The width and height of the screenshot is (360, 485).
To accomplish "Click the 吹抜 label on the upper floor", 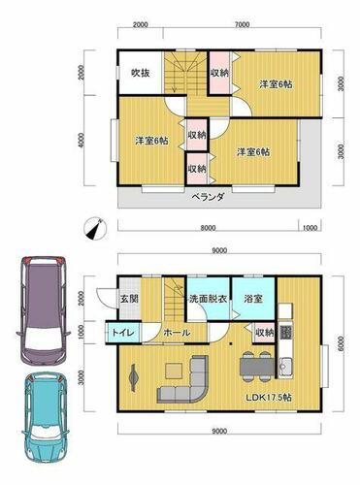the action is (x=141, y=73).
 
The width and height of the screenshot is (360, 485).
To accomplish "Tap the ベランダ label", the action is (x=209, y=197).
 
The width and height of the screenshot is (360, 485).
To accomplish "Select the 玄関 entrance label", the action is (x=130, y=298).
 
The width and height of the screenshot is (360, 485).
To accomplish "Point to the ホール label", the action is (x=177, y=333).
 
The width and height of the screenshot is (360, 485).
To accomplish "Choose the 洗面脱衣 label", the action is (x=209, y=299).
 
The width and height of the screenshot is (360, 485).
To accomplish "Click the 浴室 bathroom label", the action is (x=253, y=299).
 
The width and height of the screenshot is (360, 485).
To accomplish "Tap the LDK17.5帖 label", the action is (x=269, y=397).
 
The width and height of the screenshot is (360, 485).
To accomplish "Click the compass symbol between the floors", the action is (x=96, y=228).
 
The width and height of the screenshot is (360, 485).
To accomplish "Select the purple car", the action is (x=43, y=310).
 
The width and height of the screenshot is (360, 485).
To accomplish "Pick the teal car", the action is (x=46, y=420).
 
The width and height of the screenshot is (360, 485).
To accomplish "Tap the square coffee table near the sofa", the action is (x=175, y=371).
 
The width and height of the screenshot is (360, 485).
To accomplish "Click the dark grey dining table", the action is (x=257, y=367).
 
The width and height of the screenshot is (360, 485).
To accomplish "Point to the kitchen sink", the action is (x=285, y=367).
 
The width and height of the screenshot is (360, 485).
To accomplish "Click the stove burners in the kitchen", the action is (x=285, y=333).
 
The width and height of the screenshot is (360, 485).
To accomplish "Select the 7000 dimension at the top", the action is (x=243, y=24).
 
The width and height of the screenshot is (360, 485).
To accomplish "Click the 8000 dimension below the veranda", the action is (x=208, y=228).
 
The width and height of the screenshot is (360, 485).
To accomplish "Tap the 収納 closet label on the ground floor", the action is (x=265, y=333).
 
